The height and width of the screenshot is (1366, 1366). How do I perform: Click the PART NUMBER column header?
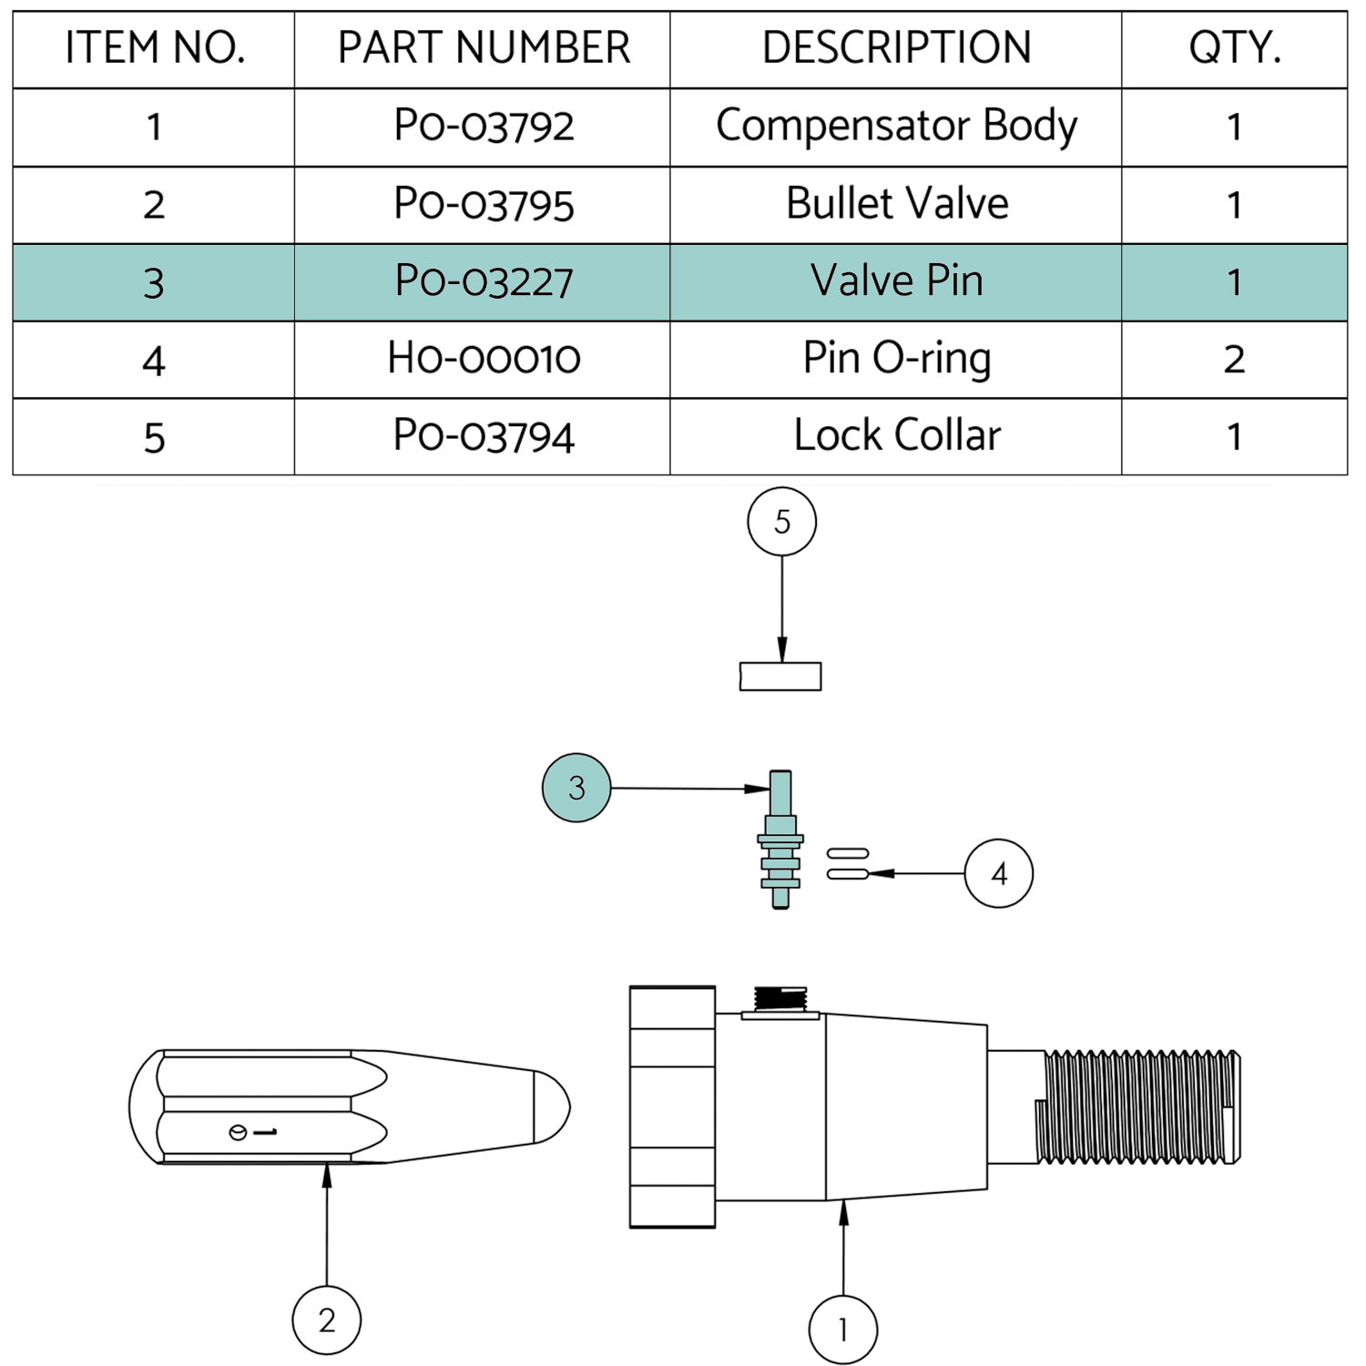484,48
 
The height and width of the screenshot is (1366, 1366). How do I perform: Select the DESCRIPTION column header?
896,48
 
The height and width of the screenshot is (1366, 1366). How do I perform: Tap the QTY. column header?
1234,48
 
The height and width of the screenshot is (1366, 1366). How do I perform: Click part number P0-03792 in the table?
484,127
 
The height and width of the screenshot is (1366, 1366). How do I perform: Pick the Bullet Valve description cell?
896,204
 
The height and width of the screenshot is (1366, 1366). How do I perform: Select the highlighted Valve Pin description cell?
896,281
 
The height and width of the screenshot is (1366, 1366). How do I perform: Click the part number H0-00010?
484,359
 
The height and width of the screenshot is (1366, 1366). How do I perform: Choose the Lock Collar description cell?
896,436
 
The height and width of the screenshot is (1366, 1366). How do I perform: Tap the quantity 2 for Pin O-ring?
1234,359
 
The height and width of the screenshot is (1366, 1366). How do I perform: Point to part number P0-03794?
484,436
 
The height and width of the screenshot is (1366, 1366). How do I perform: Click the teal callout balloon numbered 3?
576,788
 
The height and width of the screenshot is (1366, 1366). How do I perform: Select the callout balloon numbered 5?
781,522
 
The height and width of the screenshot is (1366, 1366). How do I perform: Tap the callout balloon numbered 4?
999,874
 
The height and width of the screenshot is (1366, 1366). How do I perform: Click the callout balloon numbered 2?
327,1320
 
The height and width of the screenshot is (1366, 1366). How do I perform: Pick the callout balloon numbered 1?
843,1330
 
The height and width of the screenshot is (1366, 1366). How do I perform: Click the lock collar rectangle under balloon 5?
780,677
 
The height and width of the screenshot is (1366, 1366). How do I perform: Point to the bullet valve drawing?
346,1106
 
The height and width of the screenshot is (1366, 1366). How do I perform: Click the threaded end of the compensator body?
1138,1106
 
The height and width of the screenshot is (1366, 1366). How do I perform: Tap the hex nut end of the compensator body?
672,1106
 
